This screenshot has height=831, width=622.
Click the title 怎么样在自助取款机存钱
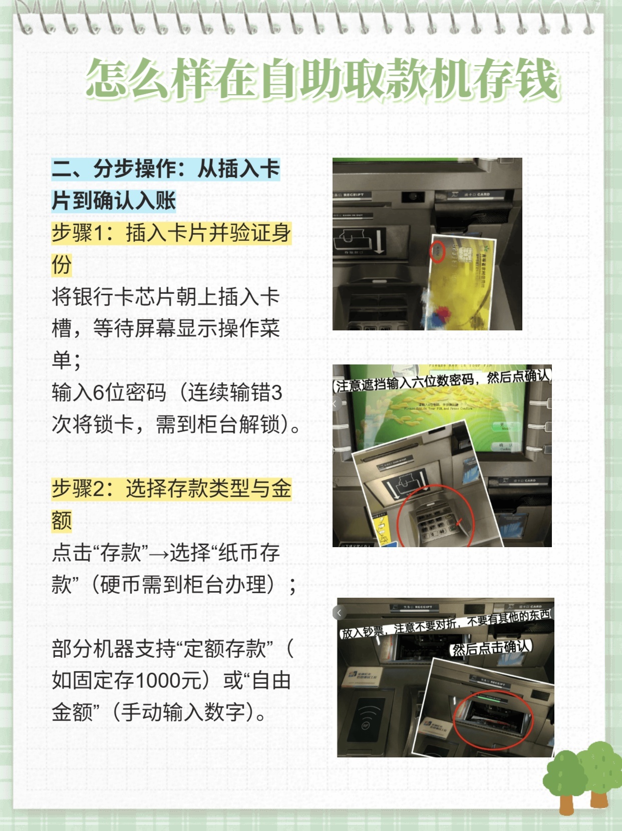[322, 79]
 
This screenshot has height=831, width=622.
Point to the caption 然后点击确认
[490, 647]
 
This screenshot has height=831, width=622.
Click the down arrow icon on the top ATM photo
[379, 240]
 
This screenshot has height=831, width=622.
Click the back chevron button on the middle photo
[335, 403]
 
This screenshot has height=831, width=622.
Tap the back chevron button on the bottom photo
[340, 612]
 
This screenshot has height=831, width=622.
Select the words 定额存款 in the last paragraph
[225, 649]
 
